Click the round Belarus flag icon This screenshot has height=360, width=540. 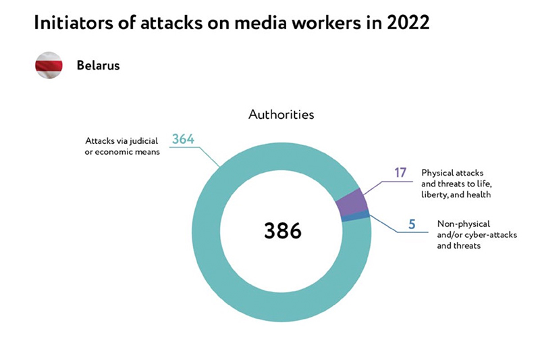pos(49,66)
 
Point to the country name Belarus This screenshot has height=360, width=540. pos(98,66)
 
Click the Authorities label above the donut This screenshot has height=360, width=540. pos(281,114)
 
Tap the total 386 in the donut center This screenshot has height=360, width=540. pos(281,230)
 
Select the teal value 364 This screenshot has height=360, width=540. pos(183,139)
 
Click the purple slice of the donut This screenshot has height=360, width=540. pos(352,203)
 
